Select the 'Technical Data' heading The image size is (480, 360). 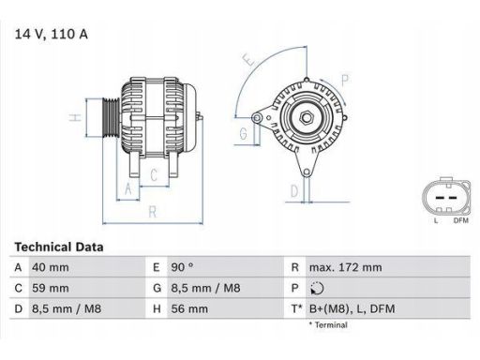(59, 247)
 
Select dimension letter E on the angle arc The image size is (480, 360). (247, 61)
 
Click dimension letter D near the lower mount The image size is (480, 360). (294, 191)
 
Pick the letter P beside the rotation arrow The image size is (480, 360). (345, 79)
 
